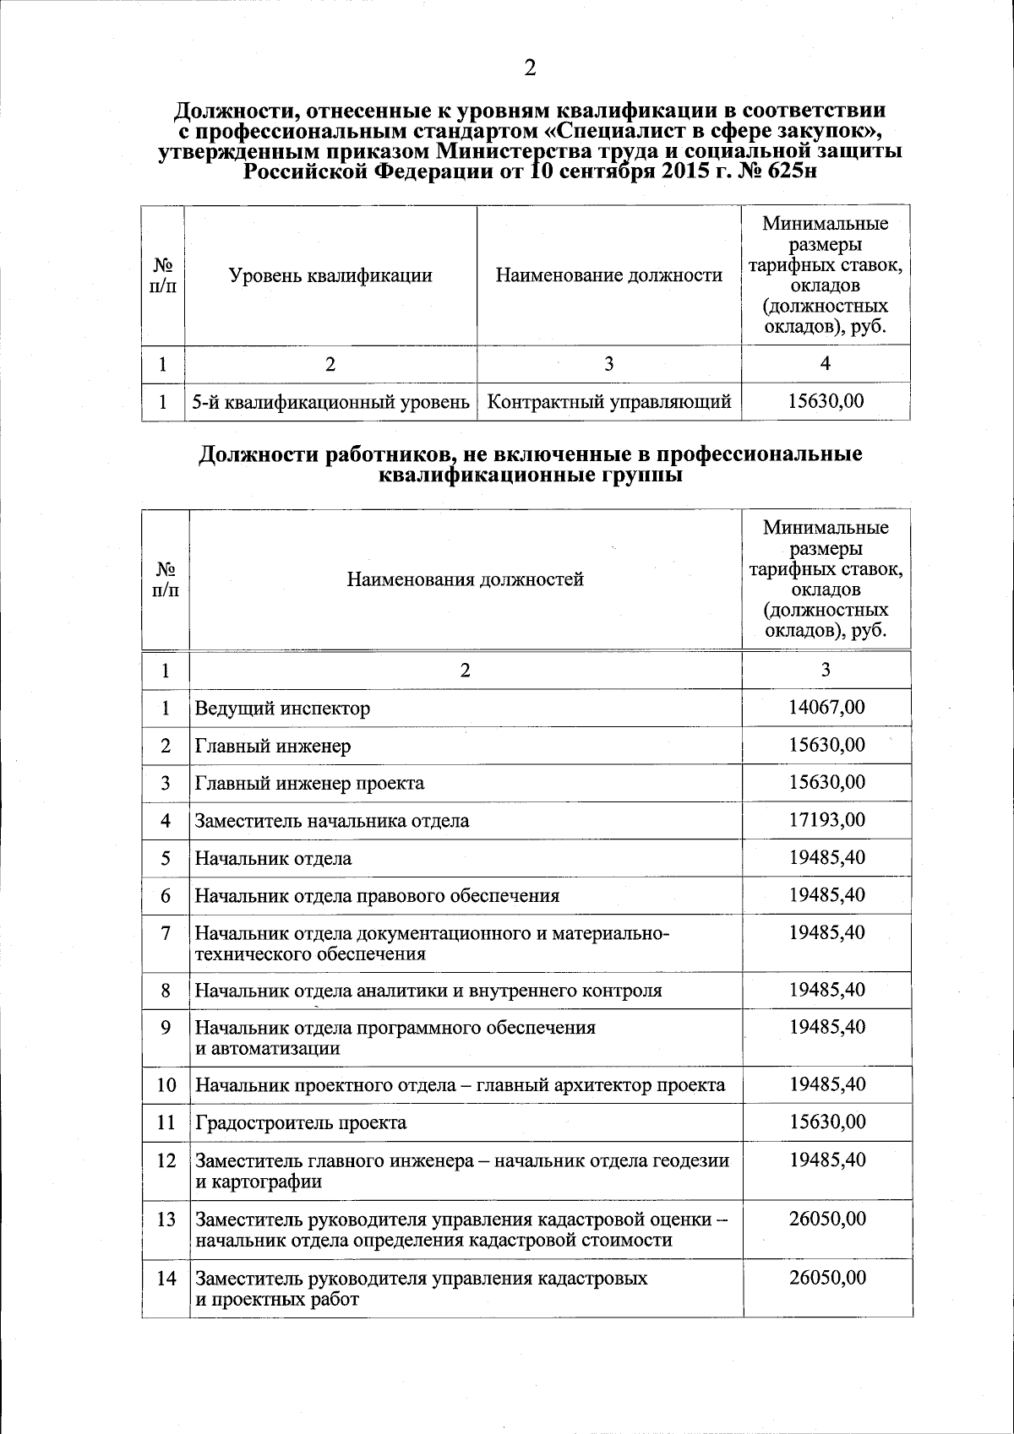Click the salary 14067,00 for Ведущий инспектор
(826, 707)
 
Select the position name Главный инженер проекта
(309, 783)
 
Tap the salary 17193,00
(826, 820)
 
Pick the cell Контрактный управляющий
(609, 402)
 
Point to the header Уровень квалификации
(330, 275)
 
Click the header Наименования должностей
(465, 579)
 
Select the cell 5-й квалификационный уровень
(330, 402)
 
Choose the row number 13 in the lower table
(166, 1219)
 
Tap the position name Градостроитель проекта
(301, 1122)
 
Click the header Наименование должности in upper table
(608, 275)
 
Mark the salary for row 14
(826, 1278)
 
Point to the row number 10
(166, 1085)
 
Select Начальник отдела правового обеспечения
(377, 895)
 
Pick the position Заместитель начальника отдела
(332, 821)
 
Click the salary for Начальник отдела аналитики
(826, 989)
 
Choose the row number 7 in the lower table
(166, 933)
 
